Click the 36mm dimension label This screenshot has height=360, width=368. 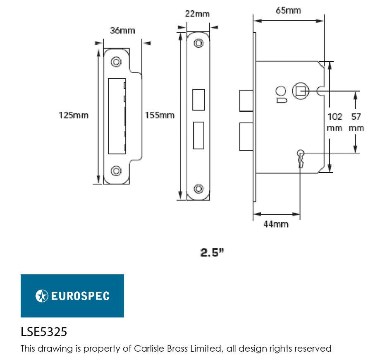pyautogui.click(x=122, y=31)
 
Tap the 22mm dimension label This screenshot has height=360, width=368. pyautogui.click(x=197, y=14)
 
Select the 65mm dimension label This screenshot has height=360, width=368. pyautogui.click(x=288, y=10)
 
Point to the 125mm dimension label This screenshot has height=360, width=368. pyautogui.click(x=73, y=115)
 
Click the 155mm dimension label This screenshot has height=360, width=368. pyautogui.click(x=160, y=115)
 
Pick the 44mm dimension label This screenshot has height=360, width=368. pyautogui.click(x=276, y=224)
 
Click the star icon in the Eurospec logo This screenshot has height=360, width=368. pyautogui.click(x=41, y=296)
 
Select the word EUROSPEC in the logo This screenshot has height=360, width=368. pyautogui.click(x=80, y=296)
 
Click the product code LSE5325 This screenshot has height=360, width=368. pyautogui.click(x=44, y=332)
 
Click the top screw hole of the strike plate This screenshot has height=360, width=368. pyautogui.click(x=116, y=62)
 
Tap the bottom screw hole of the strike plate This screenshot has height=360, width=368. pyautogui.click(x=116, y=170)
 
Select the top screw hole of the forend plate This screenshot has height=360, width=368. pyautogui.click(x=199, y=43)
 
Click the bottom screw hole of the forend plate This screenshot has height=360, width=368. pyautogui.click(x=199, y=189)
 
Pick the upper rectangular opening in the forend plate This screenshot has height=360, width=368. pyautogui.click(x=198, y=100)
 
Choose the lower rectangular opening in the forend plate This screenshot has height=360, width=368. pyautogui.click(x=198, y=135)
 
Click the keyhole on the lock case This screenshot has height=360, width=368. pyautogui.click(x=300, y=157)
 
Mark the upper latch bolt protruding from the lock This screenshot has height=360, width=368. pyautogui.click(x=246, y=101)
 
